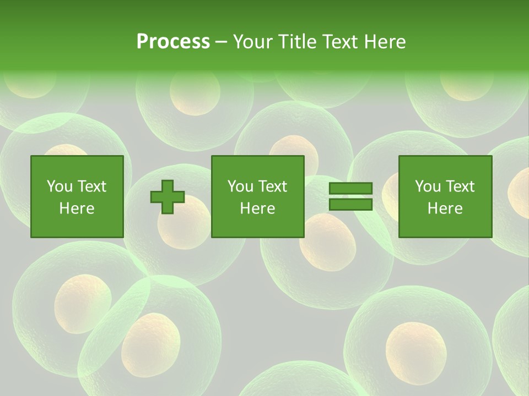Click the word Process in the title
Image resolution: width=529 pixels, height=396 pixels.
coord(173,41)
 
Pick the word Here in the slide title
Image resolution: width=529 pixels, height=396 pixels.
coord(384,42)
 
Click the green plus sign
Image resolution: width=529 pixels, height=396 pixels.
coord(167,197)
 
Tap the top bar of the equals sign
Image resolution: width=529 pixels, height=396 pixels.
coord(350,188)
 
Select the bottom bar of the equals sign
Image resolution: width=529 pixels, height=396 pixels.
coord(350,205)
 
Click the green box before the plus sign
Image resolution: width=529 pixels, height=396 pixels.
coord(77,196)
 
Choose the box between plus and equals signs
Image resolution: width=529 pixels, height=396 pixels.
coord(257,196)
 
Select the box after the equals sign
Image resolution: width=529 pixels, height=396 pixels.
coord(445,196)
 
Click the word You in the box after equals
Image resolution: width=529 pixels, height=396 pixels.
coord(428,186)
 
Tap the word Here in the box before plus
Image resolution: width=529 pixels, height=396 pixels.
coord(77,208)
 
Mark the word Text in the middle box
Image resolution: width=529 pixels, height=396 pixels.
coord(273,186)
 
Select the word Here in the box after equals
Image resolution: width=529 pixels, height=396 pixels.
coord(445,208)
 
